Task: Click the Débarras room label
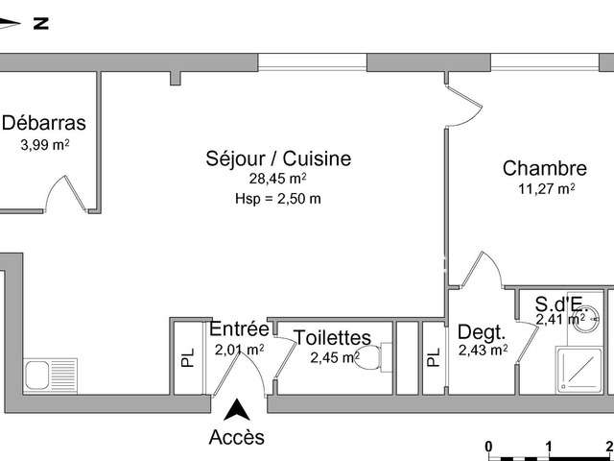pyautogui.click(x=44, y=123)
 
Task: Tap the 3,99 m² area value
pyautogui.click(x=45, y=145)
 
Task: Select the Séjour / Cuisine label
pyautogui.click(x=278, y=158)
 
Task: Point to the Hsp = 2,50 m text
pyautogui.click(x=278, y=199)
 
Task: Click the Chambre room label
pyautogui.click(x=545, y=169)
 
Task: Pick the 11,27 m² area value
pyautogui.click(x=547, y=189)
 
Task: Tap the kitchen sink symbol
pyautogui.click(x=50, y=376)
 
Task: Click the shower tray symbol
pyautogui.click(x=579, y=370)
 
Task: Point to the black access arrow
pyautogui.click(x=237, y=410)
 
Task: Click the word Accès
pyautogui.click(x=237, y=437)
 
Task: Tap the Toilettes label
pyautogui.click(x=332, y=337)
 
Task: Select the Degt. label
pyautogui.click(x=482, y=332)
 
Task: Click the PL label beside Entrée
pyautogui.click(x=188, y=357)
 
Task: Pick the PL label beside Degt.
pyautogui.click(x=433, y=357)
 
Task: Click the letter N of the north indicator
pyautogui.click(x=40, y=23)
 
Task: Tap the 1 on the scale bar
pyautogui.click(x=549, y=447)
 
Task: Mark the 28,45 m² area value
pyautogui.click(x=277, y=180)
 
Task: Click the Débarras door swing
pyautogui.click(x=66, y=193)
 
